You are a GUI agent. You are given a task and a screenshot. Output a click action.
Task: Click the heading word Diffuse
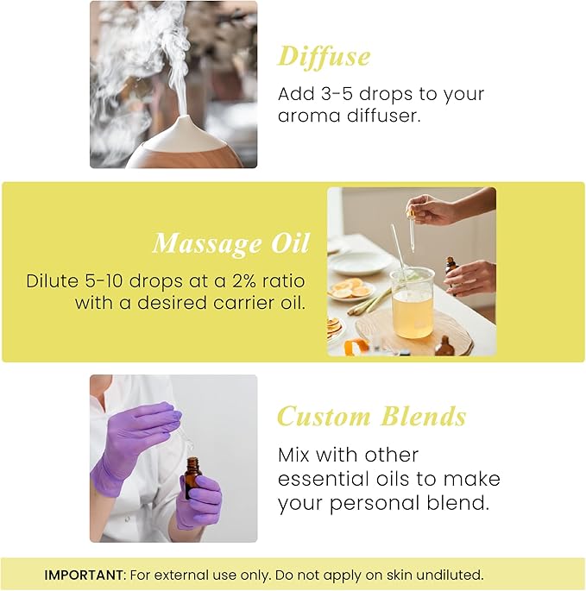point(324,56)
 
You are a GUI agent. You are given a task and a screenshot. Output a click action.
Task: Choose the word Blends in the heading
point(419,417)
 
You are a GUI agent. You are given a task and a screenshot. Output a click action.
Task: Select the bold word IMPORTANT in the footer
point(82,575)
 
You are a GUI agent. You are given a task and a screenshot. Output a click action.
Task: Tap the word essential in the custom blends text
point(321,479)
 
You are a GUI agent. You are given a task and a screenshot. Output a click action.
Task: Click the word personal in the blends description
point(376,503)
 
